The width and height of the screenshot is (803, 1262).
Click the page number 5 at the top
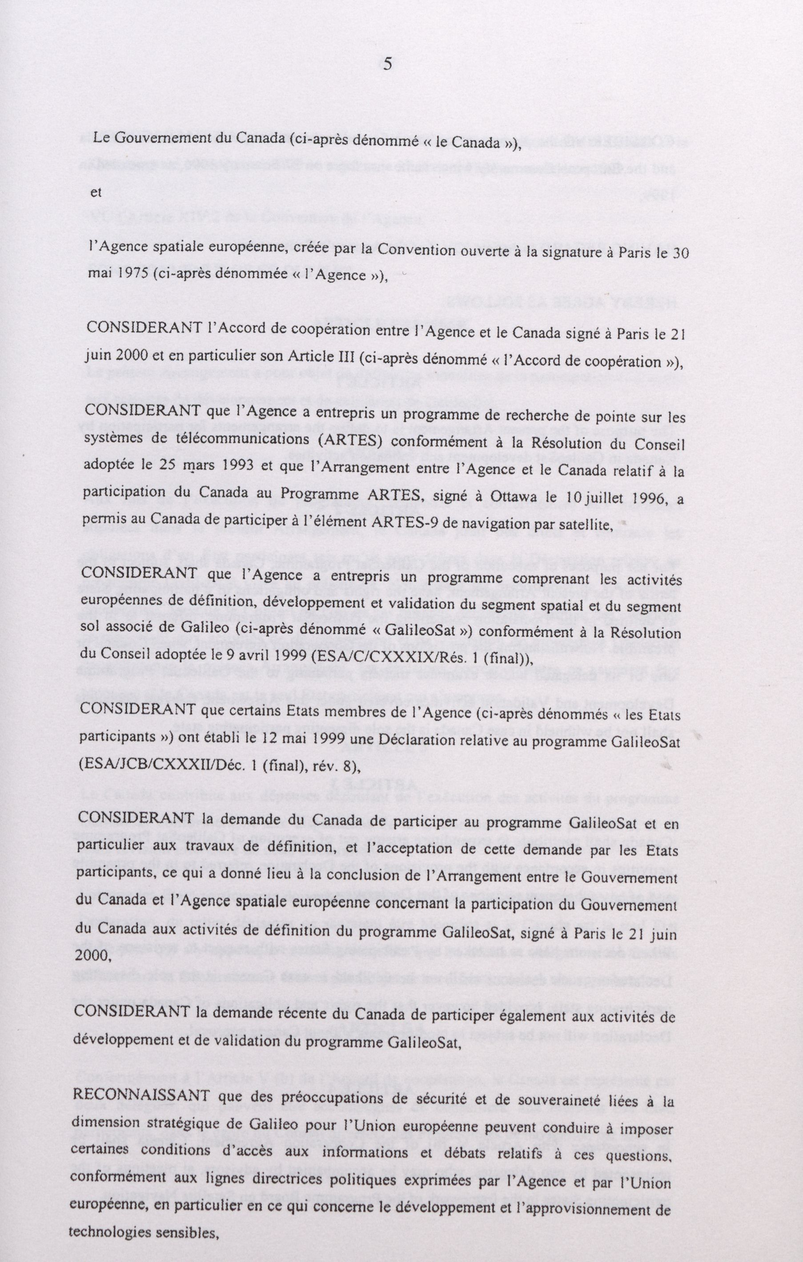[388, 64]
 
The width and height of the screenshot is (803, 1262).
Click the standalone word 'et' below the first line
[96, 192]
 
